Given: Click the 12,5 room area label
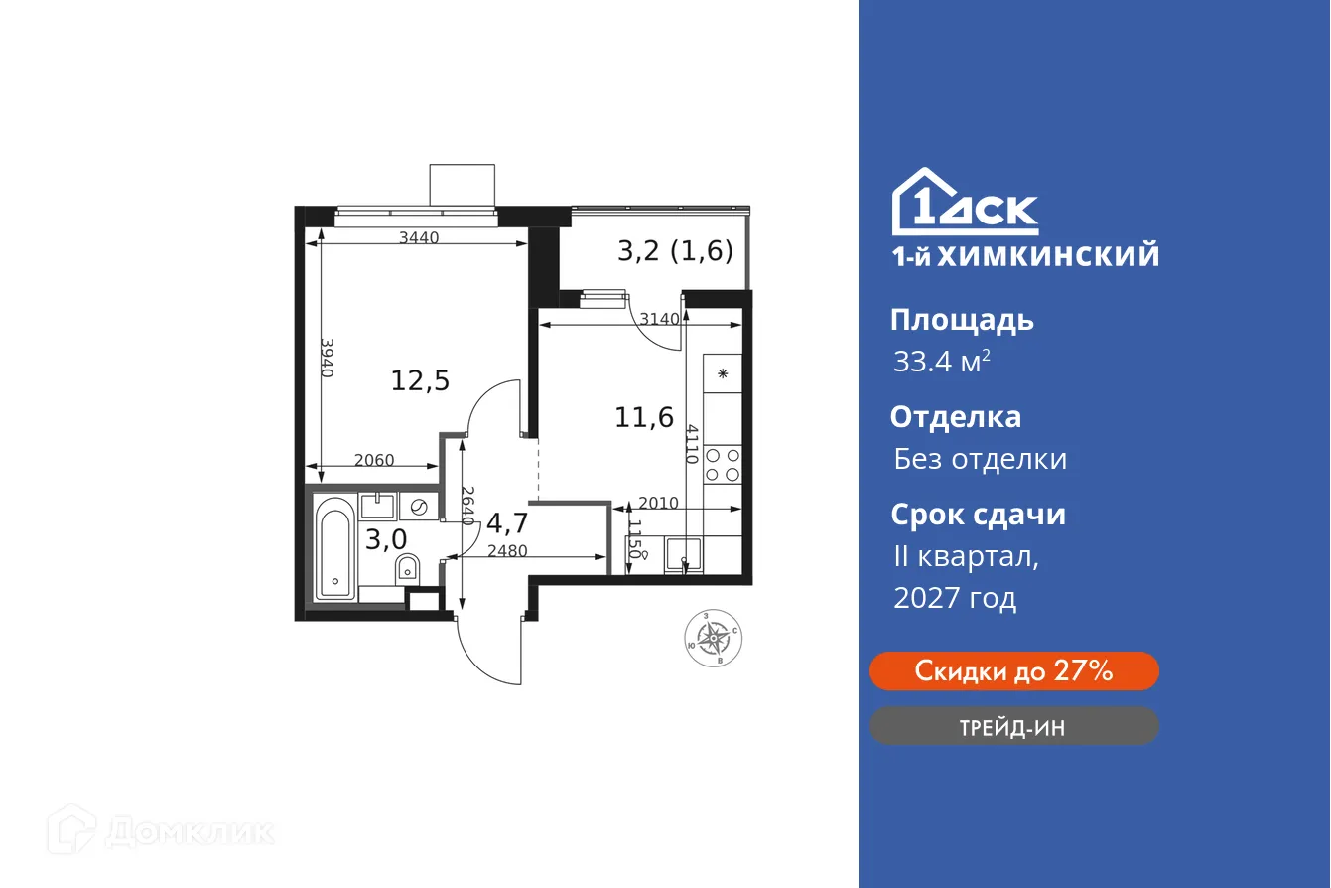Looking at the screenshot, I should point(420,380).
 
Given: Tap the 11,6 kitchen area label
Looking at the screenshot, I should point(644,417).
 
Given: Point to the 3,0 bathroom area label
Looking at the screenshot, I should point(385,540).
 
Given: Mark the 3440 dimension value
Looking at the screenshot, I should point(419,237).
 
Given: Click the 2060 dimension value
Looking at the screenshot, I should point(374,460).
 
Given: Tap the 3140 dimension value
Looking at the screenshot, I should point(659,319).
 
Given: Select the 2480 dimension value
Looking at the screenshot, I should point(506,552).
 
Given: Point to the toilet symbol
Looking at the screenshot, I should point(408,569).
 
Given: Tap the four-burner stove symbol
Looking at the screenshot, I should point(723,463).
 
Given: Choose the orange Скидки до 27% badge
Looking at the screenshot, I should point(1013,671).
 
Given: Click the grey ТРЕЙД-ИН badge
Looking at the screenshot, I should point(1013,727).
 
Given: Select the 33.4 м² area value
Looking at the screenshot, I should point(942,362).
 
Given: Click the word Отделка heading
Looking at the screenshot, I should point(955,416).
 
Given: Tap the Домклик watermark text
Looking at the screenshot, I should point(189,831).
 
